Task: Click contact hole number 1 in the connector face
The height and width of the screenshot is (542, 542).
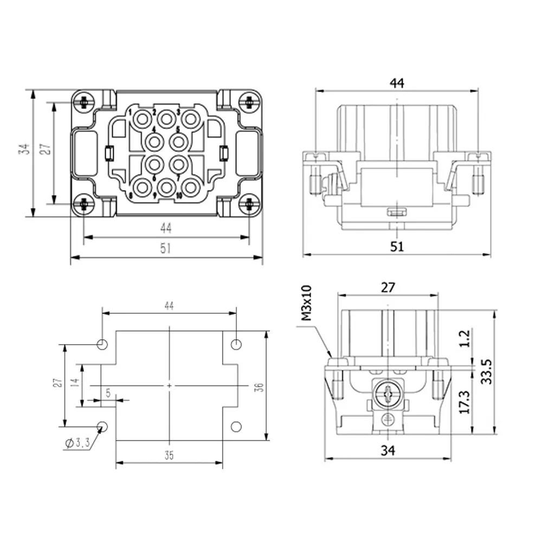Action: pyautogui.click(x=142, y=120)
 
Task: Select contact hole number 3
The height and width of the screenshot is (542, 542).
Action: pyautogui.click(x=190, y=119)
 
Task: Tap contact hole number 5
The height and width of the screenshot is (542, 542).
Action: pyautogui.click(x=178, y=142)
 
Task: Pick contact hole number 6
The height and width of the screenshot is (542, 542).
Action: pyautogui.click(x=154, y=165)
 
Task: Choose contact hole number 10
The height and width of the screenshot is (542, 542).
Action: pyautogui.click(x=190, y=188)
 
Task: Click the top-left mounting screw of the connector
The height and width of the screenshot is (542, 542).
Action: pyautogui.click(x=83, y=102)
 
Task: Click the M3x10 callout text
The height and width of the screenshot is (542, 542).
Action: pyautogui.click(x=306, y=303)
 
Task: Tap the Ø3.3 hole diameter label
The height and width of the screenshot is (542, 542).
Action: pyautogui.click(x=78, y=442)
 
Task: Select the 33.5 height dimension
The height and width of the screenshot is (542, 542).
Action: pyautogui.click(x=486, y=371)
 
